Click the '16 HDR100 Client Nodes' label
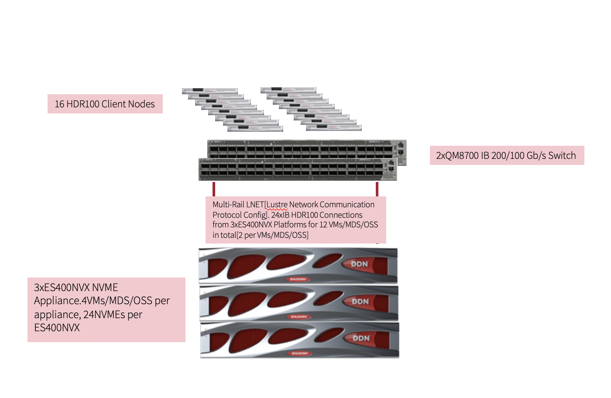105,104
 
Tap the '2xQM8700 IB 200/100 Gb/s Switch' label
506,155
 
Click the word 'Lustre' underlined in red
277,205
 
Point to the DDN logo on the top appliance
360,264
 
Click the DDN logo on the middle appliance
360,302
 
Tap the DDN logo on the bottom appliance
361,338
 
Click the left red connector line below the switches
214,189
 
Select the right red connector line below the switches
377,189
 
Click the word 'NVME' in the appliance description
105,288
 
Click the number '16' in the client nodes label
59,104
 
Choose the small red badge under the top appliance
299,279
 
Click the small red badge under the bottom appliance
300,353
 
